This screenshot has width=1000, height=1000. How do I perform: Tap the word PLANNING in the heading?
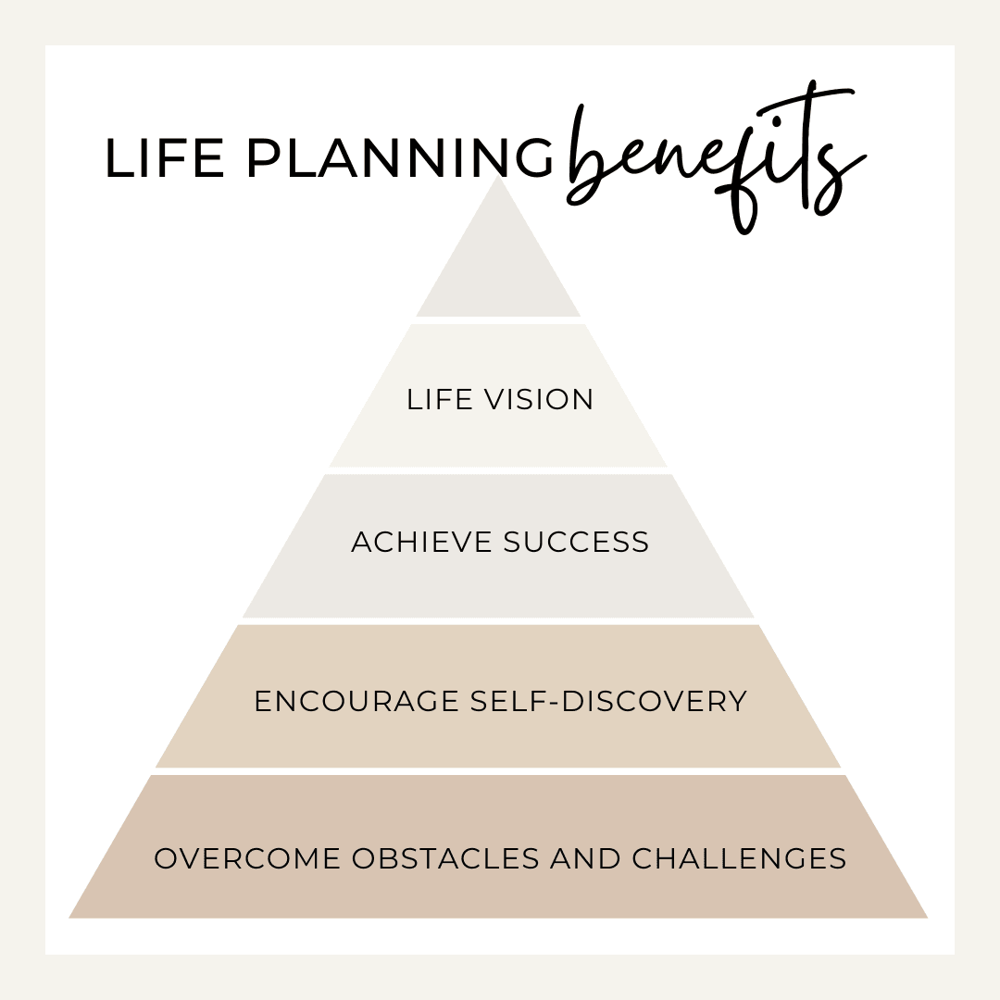pos(400,158)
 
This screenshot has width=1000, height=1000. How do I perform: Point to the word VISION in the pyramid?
pos(539,400)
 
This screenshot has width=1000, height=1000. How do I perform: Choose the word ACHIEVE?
pos(421,542)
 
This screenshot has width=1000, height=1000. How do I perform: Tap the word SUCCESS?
pos(576,542)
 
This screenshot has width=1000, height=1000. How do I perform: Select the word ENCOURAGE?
pos(356,702)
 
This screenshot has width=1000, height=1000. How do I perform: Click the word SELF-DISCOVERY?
pos(608,702)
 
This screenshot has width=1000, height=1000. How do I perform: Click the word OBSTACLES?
pos(445,858)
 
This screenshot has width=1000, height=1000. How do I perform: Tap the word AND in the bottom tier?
pos(585,858)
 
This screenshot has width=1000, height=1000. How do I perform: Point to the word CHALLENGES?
pos(739,858)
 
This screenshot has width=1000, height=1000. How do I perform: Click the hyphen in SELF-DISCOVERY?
pos(554,703)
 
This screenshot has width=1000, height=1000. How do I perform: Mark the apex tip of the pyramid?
pos(498,176)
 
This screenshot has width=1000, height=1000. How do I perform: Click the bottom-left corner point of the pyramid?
pos(69,919)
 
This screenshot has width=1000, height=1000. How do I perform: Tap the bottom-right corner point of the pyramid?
pos(928,919)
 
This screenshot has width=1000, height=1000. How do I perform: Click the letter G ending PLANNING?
pos(532,158)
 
